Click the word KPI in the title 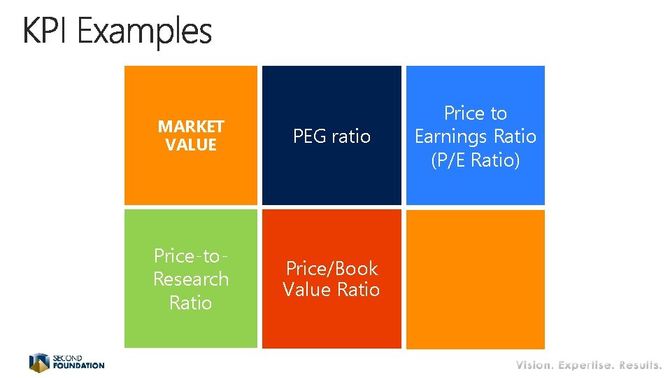(x=47, y=31)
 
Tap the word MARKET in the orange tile (x=191, y=127)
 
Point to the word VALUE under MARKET (x=191, y=145)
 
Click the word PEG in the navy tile (x=308, y=136)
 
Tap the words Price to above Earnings (x=475, y=113)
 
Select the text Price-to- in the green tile (x=191, y=255)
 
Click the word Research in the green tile (x=191, y=279)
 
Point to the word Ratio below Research (x=191, y=302)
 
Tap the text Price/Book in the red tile (x=332, y=268)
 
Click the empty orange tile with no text (x=475, y=279)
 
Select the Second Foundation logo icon (x=39, y=362)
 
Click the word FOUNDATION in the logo (x=78, y=365)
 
